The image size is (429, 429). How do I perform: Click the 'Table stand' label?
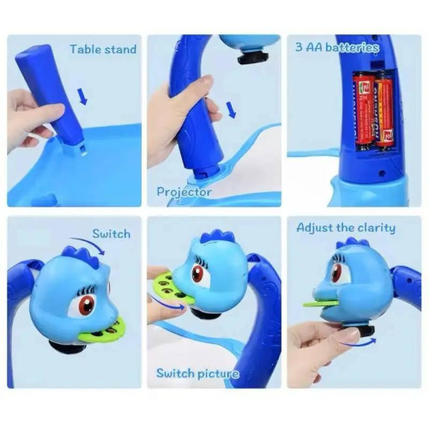pyautogui.click(x=103, y=49)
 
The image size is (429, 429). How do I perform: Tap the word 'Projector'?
pyautogui.click(x=184, y=192)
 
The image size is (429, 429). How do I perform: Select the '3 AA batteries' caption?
pyautogui.click(x=337, y=47)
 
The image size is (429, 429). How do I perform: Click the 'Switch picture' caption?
pyautogui.click(x=197, y=373)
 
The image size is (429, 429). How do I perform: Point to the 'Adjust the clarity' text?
pyautogui.click(x=346, y=228)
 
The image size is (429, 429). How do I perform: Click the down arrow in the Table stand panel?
pyautogui.click(x=83, y=96)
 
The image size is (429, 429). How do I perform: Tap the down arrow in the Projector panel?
pyautogui.click(x=232, y=110)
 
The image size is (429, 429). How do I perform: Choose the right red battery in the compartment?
pyautogui.click(x=384, y=109)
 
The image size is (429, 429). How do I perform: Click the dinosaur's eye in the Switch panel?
pyautogui.click(x=87, y=305)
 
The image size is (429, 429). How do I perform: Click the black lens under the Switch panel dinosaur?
pyautogui.click(x=68, y=347)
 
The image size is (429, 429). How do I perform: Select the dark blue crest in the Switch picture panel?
pyautogui.click(x=218, y=238)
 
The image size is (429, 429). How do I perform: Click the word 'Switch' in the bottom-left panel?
pyautogui.click(x=112, y=234)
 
